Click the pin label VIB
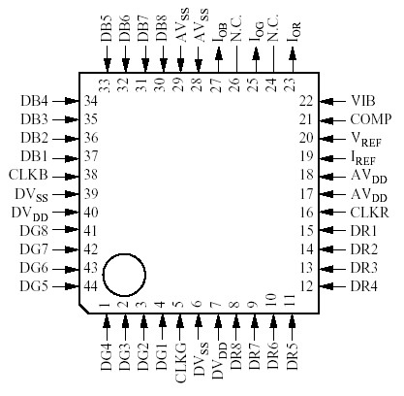(x=364, y=100)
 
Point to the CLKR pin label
(x=370, y=211)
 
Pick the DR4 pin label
(x=365, y=286)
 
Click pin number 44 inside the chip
(x=92, y=286)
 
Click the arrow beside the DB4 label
(x=67, y=100)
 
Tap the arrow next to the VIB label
(x=330, y=100)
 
